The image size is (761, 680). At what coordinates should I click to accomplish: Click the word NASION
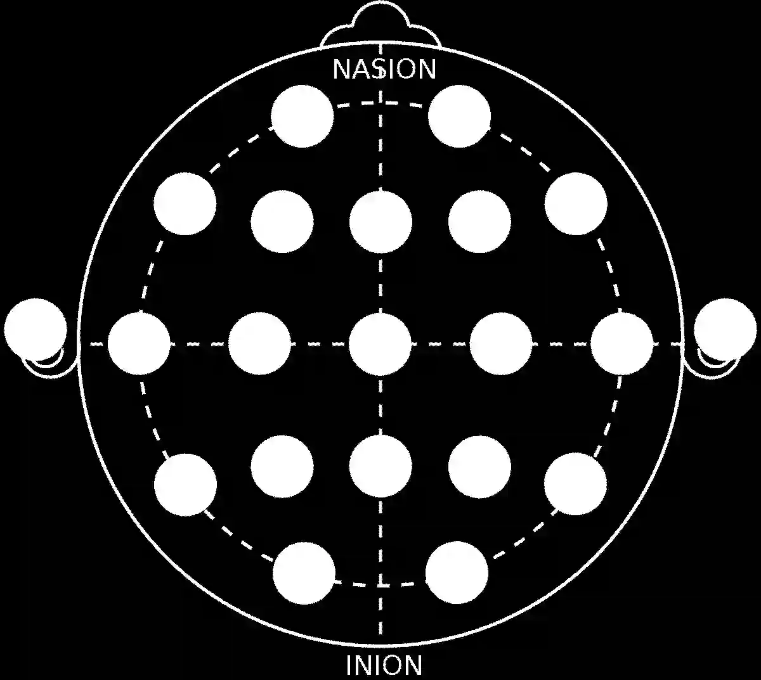[384, 69]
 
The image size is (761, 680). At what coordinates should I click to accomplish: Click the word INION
[384, 665]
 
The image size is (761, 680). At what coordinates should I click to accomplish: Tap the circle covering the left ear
[36, 329]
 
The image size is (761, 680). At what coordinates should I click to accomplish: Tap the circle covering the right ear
[725, 329]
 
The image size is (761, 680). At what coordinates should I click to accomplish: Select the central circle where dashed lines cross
[380, 344]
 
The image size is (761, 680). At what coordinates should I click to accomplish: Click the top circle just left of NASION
[302, 116]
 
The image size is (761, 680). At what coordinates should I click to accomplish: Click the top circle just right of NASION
[459, 116]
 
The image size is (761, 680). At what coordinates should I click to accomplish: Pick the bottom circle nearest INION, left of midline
[304, 573]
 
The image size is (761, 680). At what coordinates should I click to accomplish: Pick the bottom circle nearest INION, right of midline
[457, 573]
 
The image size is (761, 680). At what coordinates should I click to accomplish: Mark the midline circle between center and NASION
[380, 221]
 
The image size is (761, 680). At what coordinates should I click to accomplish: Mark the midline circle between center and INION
[380, 466]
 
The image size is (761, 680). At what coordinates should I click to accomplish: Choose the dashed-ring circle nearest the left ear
[139, 344]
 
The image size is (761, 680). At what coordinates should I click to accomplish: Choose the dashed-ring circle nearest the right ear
[621, 344]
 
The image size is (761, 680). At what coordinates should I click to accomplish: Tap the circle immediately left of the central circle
[259, 344]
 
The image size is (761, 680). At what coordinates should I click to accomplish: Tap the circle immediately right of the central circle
[501, 344]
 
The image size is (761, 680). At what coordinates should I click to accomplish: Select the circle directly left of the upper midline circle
[282, 221]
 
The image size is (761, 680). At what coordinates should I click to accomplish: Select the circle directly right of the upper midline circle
[479, 221]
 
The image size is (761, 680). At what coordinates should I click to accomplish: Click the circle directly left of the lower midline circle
[282, 466]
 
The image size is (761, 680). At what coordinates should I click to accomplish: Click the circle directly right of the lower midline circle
[479, 466]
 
